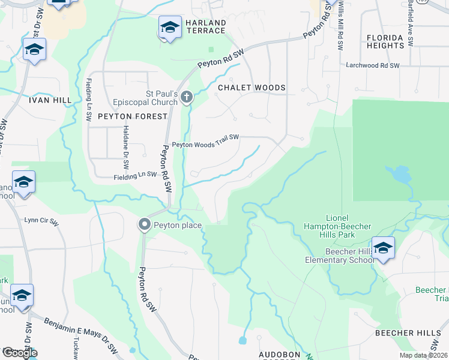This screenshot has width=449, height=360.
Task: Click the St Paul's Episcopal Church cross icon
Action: [187, 96]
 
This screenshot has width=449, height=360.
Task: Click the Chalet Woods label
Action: [252, 88]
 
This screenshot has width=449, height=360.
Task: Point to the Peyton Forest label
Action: [132, 116]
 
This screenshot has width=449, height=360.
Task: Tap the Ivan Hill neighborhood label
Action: [50, 100]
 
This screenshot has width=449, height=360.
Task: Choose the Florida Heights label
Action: [385, 41]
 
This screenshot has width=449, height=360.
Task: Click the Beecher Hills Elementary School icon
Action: [383, 247]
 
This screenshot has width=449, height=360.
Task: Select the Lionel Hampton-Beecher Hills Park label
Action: [348, 226]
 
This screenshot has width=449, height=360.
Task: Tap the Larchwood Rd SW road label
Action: [372, 65]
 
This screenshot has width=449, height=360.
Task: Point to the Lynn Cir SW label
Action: [41, 221]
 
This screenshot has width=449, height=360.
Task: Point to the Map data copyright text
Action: [423, 355]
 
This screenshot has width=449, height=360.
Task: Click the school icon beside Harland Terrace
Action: [170, 28]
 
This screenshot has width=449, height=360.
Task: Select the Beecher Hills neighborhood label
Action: [408, 332]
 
